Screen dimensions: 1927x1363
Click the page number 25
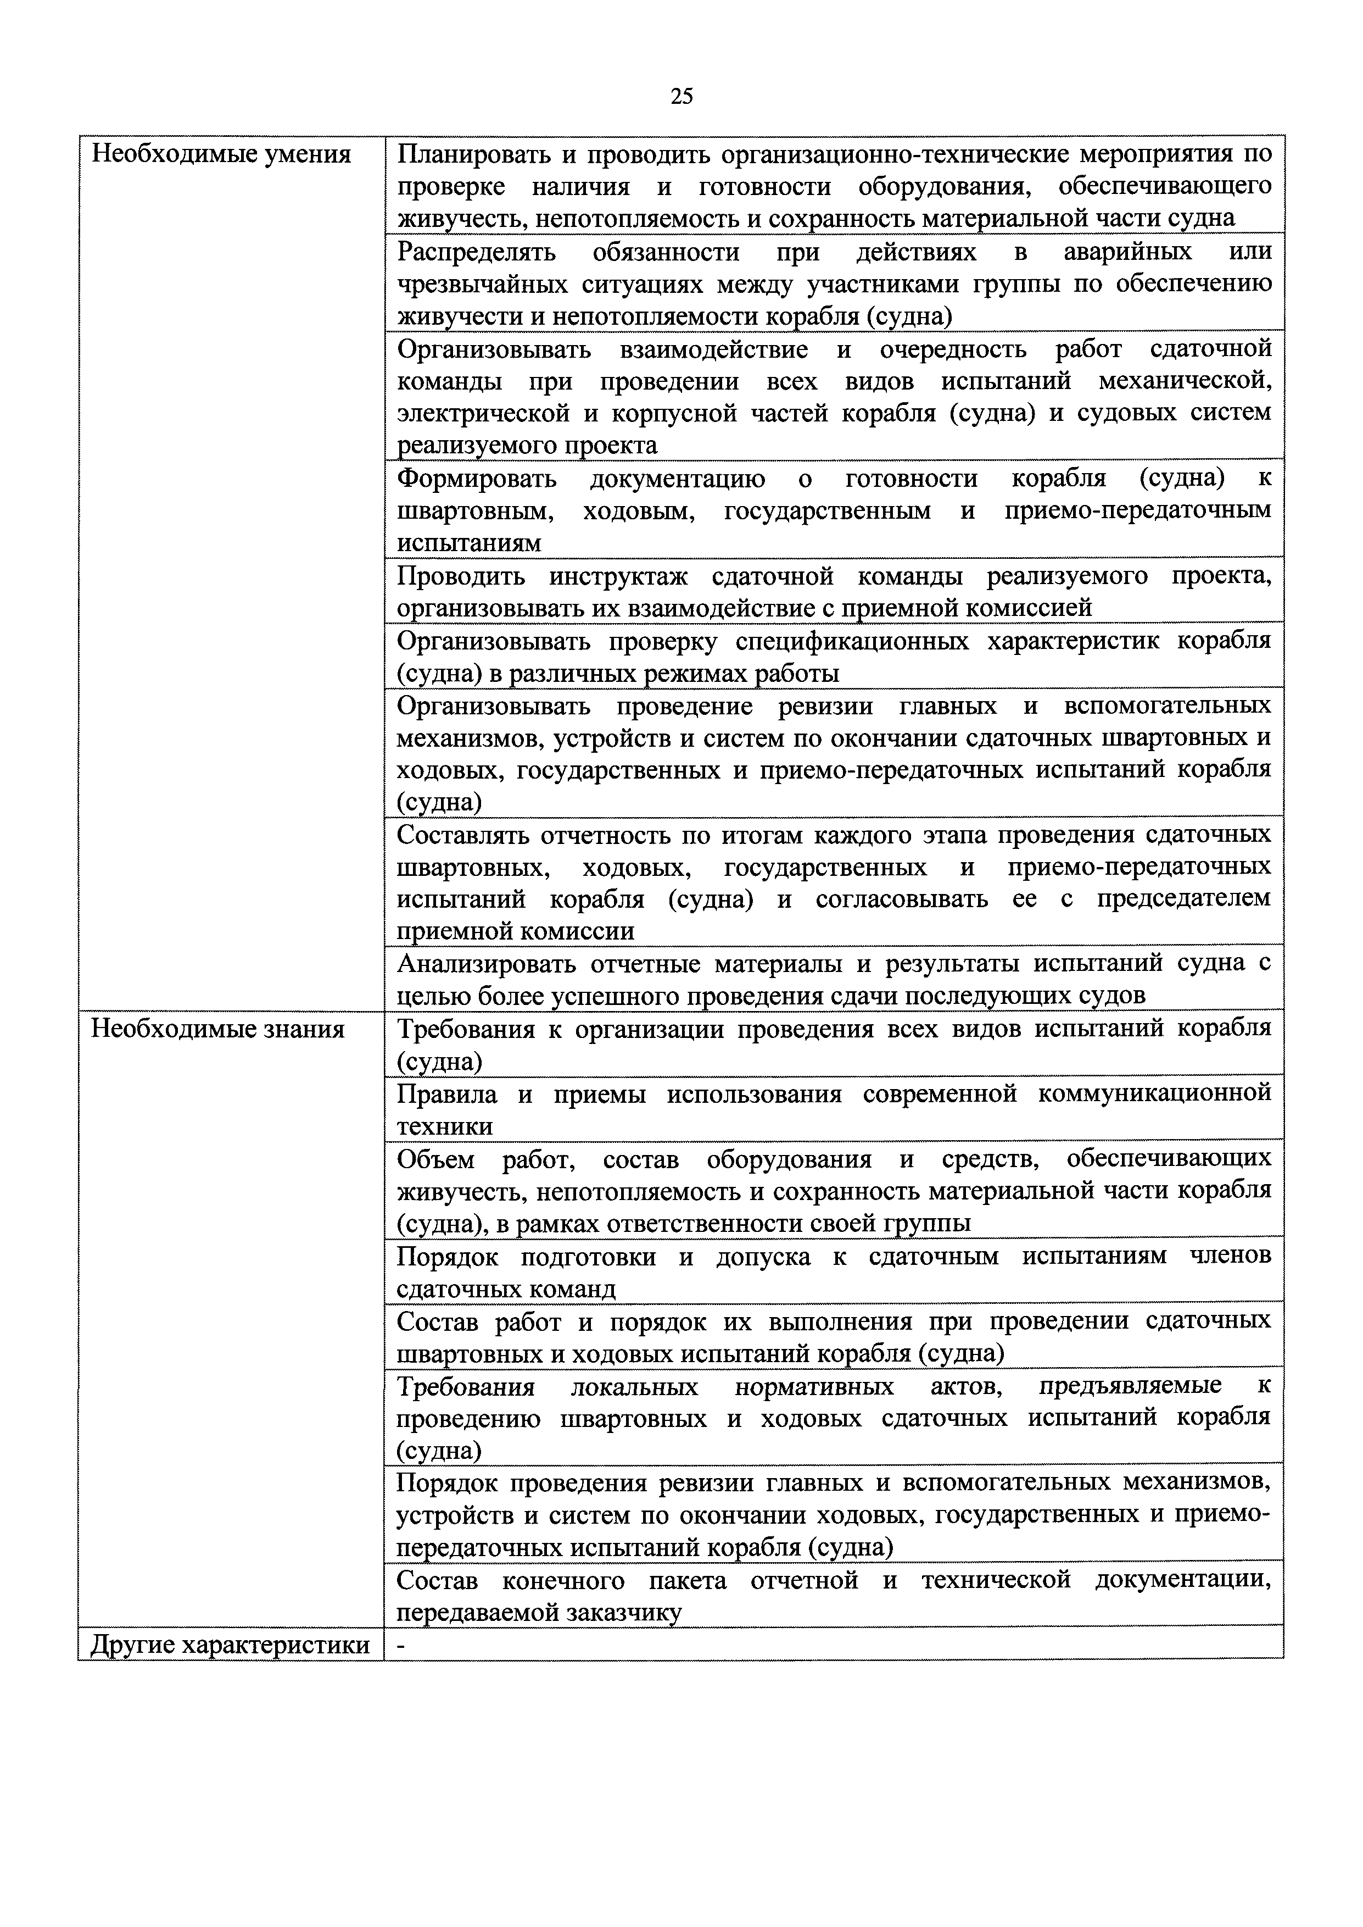(x=681, y=97)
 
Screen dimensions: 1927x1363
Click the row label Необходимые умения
(x=221, y=154)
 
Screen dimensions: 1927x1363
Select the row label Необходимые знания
(x=217, y=1029)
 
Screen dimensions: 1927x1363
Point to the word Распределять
(x=476, y=252)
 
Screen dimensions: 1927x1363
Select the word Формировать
(x=477, y=479)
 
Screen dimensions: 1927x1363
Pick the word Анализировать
(x=487, y=964)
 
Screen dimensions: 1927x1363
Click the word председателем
(x=1183, y=899)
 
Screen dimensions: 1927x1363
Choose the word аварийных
(x=1127, y=252)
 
